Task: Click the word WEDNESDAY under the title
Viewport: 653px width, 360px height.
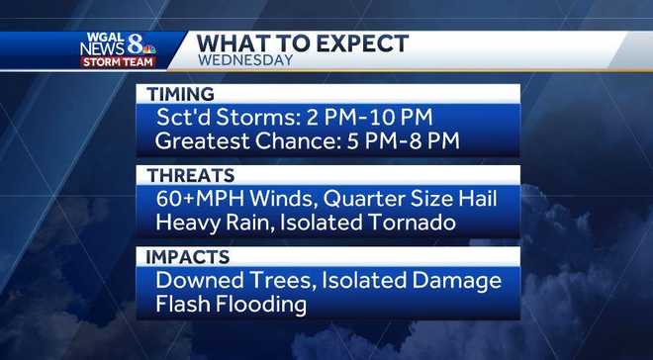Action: point(245,60)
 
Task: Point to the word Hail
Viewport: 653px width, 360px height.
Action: point(473,199)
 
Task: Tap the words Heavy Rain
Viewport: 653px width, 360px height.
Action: point(214,223)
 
